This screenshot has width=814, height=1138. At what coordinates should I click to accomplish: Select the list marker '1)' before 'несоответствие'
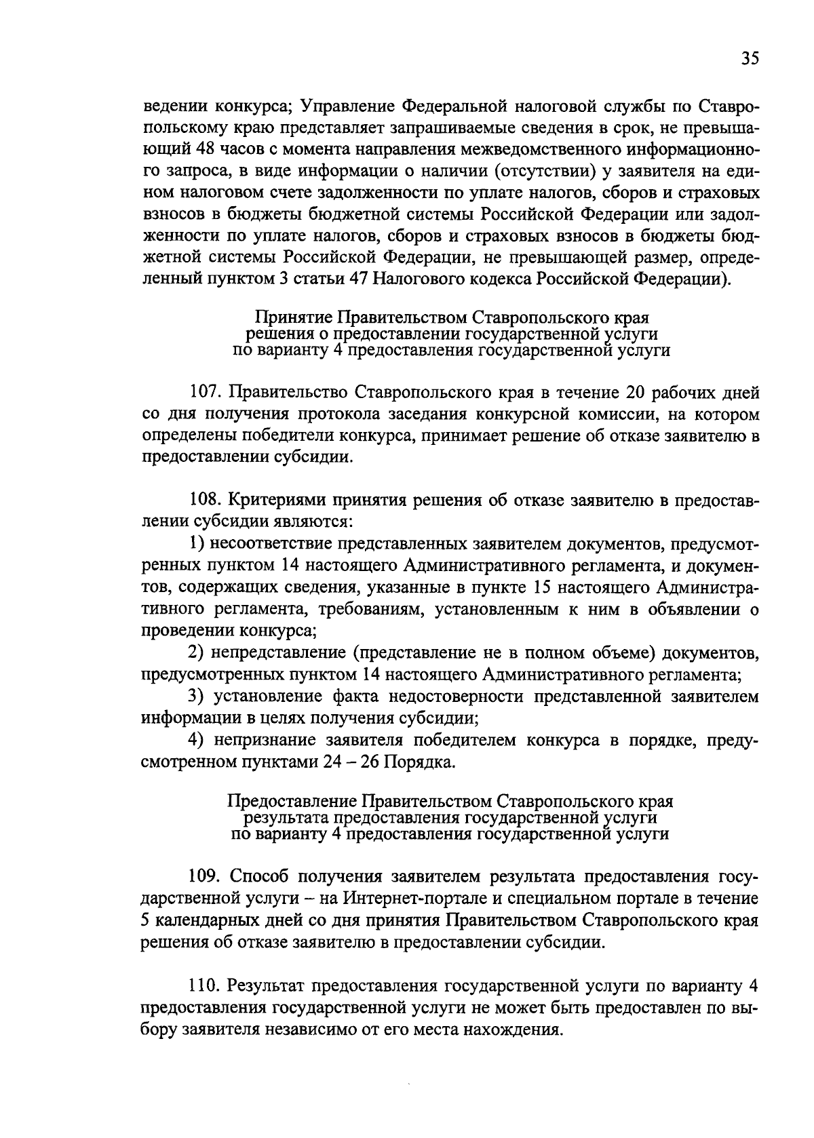click(196, 544)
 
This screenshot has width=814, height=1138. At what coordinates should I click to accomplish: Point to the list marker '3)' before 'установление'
click(196, 696)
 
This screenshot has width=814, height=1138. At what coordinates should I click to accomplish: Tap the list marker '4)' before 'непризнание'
click(196, 740)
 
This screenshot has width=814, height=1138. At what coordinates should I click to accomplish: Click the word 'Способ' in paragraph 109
click(258, 876)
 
